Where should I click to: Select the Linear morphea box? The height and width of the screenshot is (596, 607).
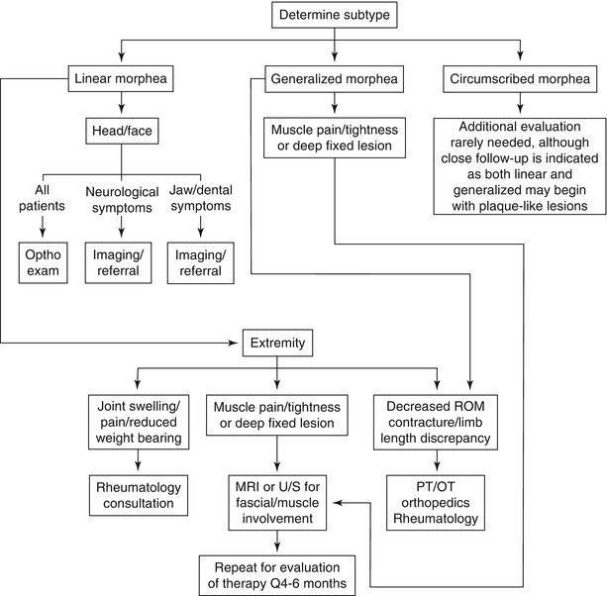click(121, 77)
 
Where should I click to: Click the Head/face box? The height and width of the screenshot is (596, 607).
click(121, 131)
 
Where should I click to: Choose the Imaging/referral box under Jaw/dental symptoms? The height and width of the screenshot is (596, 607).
click(200, 261)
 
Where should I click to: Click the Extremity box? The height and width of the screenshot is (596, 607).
click(278, 344)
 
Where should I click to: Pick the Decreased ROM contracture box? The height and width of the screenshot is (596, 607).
click(438, 421)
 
